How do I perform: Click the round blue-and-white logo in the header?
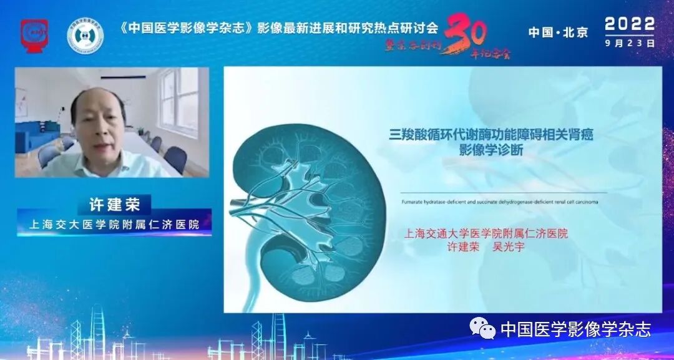(x=85, y=36)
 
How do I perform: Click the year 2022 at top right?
(x=630, y=24)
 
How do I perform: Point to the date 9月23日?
(x=630, y=44)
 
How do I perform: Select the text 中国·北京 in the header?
(x=558, y=32)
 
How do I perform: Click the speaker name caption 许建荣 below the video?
(x=114, y=204)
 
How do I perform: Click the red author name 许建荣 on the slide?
(x=464, y=247)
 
